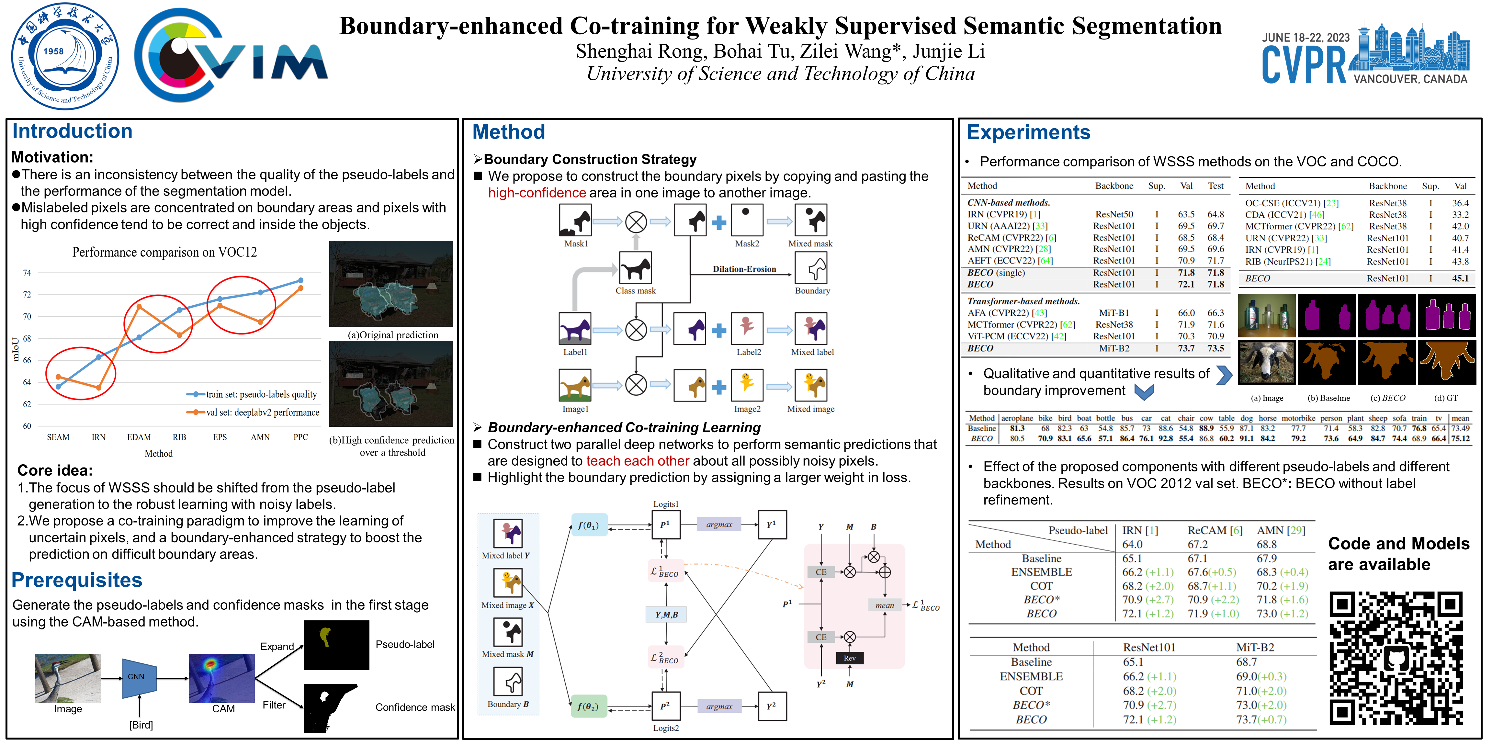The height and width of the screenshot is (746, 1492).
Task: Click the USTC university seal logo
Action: click(x=65, y=56)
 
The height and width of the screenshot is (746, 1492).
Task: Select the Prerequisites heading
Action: click(x=76, y=580)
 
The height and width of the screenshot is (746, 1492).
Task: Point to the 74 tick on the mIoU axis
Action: click(x=27, y=273)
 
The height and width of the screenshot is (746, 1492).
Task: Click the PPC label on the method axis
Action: click(x=300, y=437)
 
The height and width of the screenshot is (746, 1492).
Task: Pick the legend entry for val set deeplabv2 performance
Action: click(x=253, y=413)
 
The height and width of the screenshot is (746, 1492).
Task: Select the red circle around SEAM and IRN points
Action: click(x=81, y=374)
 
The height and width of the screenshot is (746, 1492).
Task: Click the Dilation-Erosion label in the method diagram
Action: click(x=744, y=269)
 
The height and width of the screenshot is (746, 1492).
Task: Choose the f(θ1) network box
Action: click(x=588, y=525)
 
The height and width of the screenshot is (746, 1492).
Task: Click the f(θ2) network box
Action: click(x=588, y=706)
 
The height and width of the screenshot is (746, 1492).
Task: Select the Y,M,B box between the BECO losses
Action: click(x=666, y=615)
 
